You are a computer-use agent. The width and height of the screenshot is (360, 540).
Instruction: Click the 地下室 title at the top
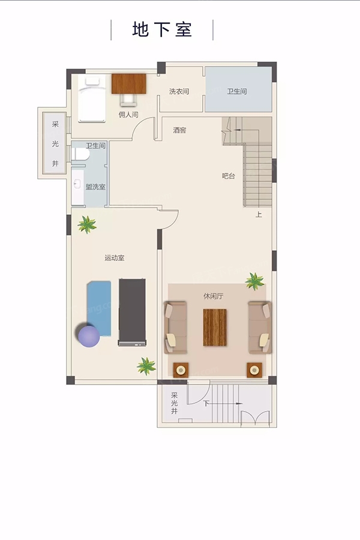click(x=162, y=29)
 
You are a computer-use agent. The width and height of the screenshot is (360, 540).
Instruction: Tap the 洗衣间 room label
click(x=179, y=91)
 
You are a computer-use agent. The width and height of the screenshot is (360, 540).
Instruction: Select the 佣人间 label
click(x=128, y=115)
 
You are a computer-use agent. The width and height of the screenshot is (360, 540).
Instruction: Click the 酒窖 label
click(x=179, y=130)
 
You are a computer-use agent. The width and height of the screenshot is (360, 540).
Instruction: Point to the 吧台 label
click(x=229, y=176)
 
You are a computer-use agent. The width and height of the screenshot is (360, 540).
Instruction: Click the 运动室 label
click(x=115, y=258)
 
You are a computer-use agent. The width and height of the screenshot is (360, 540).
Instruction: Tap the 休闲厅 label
click(x=213, y=296)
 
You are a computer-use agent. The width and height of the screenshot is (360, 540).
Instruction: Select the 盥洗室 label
click(x=95, y=187)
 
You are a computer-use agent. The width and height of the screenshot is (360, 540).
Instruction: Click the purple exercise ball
click(x=89, y=337)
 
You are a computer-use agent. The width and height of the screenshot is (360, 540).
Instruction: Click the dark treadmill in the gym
click(x=132, y=312)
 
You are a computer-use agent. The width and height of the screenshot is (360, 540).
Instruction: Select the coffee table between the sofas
click(x=215, y=327)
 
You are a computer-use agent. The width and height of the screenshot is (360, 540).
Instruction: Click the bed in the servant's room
click(x=92, y=99)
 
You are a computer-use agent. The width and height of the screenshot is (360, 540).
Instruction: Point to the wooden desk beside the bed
click(x=129, y=83)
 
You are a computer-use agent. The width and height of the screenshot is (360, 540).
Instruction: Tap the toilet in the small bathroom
click(x=80, y=154)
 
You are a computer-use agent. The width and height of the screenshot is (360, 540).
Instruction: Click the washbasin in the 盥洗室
click(x=78, y=184)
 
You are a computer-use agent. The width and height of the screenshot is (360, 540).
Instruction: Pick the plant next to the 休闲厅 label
click(x=255, y=281)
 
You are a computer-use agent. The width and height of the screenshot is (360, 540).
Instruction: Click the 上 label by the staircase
click(x=259, y=215)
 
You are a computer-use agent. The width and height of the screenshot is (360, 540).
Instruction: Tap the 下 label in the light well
click(x=206, y=403)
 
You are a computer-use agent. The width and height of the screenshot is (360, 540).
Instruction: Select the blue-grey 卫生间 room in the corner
click(x=238, y=89)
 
